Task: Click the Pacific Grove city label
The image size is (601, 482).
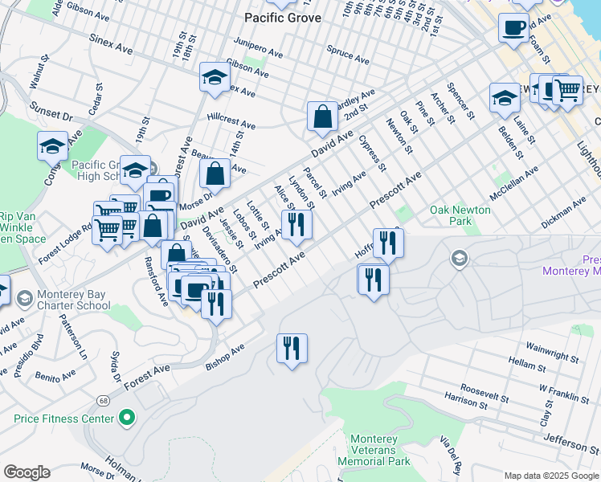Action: pyautogui.click(x=283, y=17)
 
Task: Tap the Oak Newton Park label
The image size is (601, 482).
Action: pyautogui.click(x=460, y=215)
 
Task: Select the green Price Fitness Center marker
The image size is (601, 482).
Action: pyautogui.click(x=126, y=418)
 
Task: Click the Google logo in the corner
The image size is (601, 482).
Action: pyautogui.click(x=27, y=472)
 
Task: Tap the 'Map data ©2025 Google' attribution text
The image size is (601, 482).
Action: pyautogui.click(x=550, y=476)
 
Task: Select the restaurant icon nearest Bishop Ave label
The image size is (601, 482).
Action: pyautogui.click(x=215, y=305)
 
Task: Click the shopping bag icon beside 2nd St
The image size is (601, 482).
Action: pyautogui.click(x=322, y=116)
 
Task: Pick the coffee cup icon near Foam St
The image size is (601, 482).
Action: pyautogui.click(x=513, y=27)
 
